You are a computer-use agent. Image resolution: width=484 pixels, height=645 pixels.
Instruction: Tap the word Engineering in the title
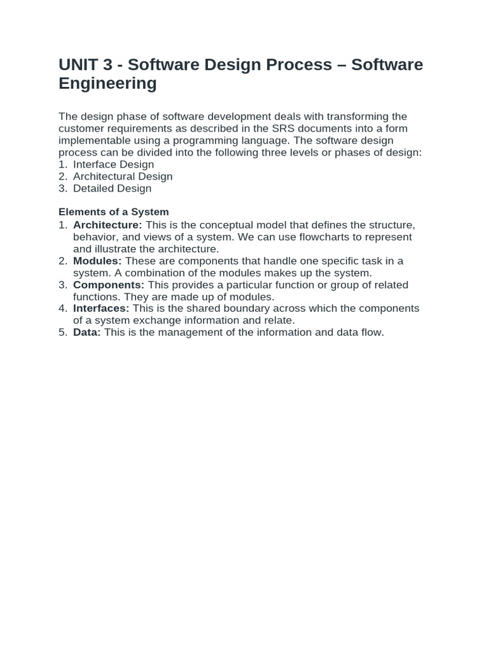[107, 84]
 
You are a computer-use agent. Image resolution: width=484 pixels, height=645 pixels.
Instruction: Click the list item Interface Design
[113, 164]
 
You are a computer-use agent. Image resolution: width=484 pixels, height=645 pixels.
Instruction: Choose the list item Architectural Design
[122, 176]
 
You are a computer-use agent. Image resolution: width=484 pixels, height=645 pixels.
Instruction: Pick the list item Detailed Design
[112, 188]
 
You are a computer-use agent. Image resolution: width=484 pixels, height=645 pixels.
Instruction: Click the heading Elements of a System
[113, 212]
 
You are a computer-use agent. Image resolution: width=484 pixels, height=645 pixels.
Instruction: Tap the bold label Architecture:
[107, 225]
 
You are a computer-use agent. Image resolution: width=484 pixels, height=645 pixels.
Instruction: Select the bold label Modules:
[97, 261]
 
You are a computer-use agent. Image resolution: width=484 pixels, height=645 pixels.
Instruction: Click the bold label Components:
[108, 285]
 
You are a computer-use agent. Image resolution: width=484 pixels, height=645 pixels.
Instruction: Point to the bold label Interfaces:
[101, 308]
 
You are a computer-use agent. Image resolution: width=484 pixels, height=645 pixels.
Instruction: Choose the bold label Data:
[87, 332]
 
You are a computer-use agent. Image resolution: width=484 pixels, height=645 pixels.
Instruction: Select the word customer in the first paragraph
[81, 128]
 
